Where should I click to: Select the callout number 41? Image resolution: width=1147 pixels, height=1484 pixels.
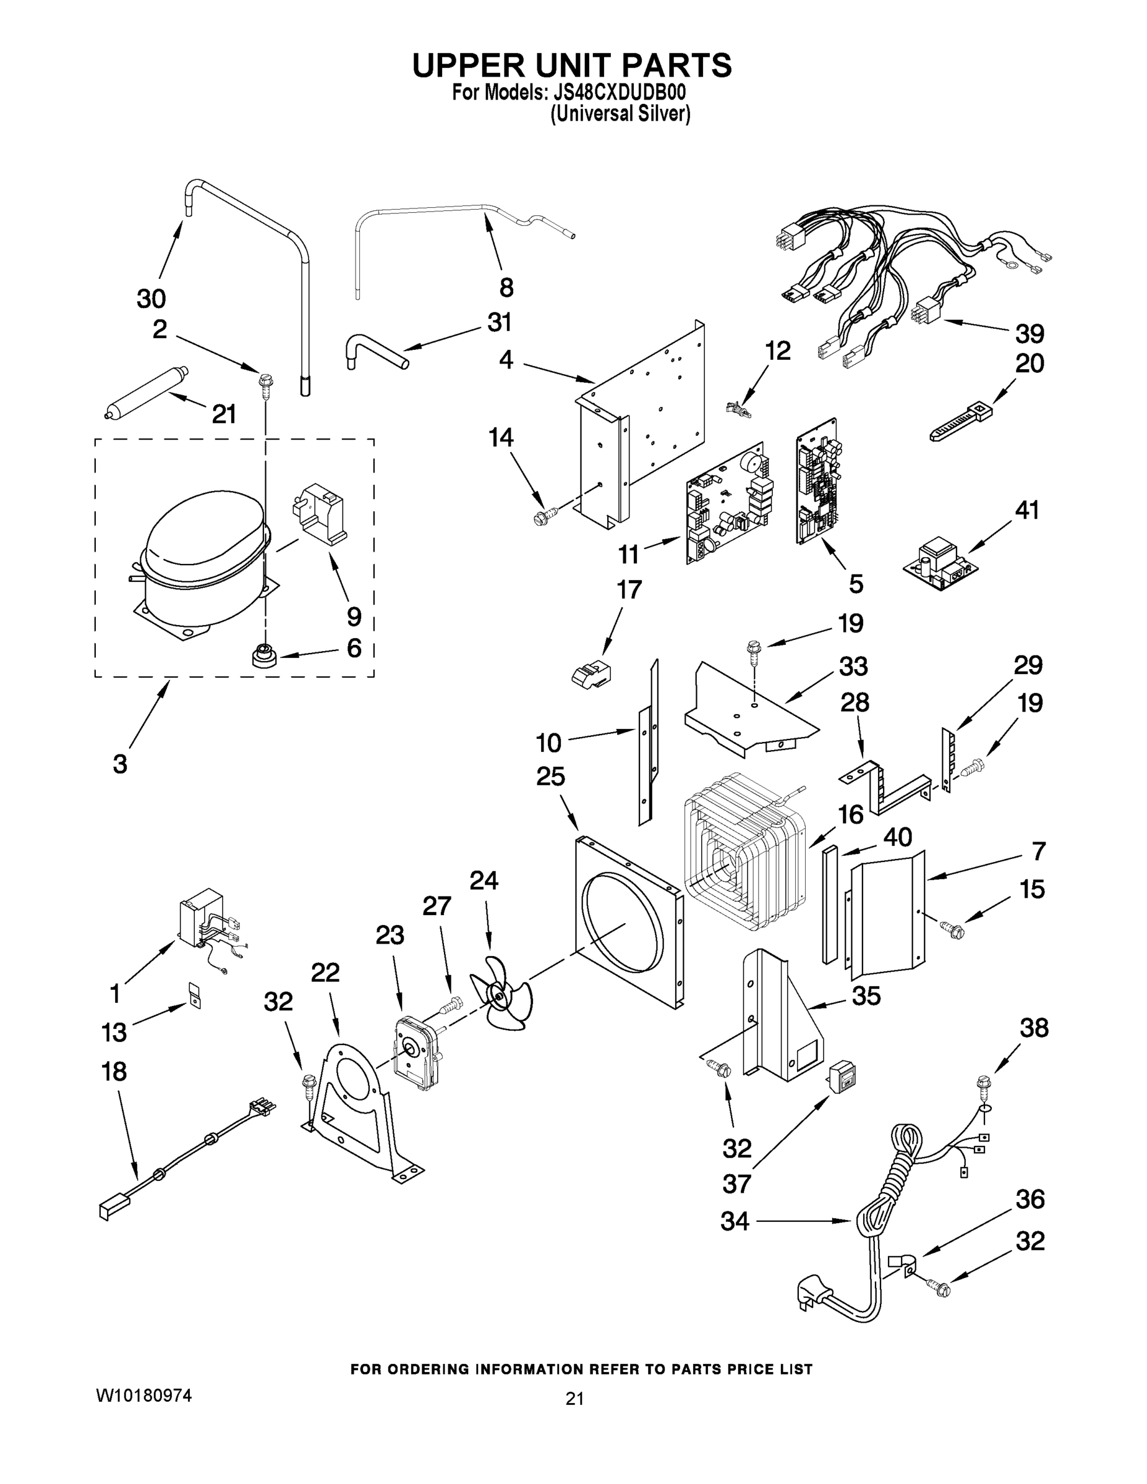coord(1026,510)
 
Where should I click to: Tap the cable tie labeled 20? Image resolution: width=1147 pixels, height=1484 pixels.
coord(961,421)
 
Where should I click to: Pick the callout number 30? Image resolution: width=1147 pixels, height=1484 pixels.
coord(151,298)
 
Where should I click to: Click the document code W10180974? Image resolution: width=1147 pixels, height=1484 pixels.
coord(143,1395)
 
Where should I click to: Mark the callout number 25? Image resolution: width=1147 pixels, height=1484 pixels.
coord(550,776)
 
